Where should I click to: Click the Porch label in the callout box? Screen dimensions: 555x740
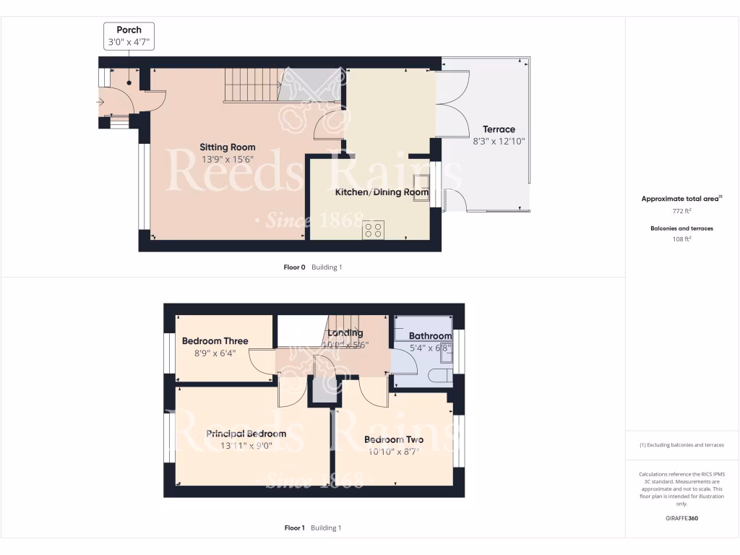coord(129,30)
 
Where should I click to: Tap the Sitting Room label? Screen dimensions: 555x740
coord(228,147)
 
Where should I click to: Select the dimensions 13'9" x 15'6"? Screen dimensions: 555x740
coord(228,160)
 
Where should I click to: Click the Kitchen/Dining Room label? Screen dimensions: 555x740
coord(382,193)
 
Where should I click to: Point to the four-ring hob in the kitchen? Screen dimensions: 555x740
coord(374,230)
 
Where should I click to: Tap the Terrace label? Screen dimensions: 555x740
coord(499,129)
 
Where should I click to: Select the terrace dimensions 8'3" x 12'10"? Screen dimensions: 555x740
coord(499,142)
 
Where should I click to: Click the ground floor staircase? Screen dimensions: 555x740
coord(251,85)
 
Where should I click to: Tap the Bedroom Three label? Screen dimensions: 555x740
coord(215,341)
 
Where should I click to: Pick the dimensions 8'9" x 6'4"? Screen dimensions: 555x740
coord(215,353)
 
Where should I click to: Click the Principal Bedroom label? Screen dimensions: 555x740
coord(246,434)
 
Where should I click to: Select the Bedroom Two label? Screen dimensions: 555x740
coord(393,439)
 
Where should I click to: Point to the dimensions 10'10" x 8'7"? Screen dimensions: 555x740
coord(393,452)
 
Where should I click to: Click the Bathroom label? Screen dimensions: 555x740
coord(430,336)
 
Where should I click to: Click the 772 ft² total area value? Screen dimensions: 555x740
coord(681,211)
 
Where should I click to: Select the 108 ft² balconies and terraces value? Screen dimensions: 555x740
coord(681,238)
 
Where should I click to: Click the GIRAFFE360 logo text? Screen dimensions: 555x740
coord(681,518)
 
